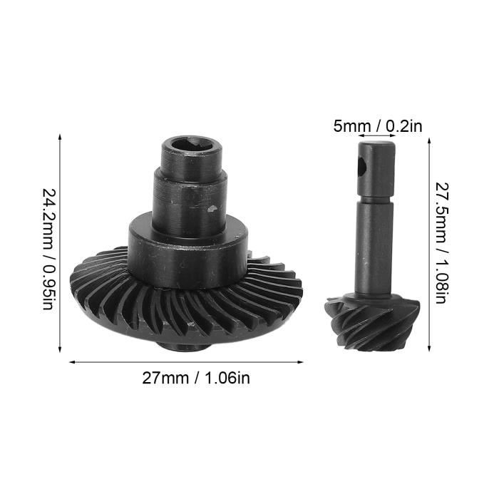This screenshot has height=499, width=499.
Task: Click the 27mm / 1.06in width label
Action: tap(196, 379)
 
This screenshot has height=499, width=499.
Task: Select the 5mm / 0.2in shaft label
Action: tap(378, 126)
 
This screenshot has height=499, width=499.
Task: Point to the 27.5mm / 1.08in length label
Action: tap(442, 243)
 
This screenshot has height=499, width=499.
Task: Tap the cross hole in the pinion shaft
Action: tap(362, 166)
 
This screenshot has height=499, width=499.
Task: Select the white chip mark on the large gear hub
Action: tap(211, 208)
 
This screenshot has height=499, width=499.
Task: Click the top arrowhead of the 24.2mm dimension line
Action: tap(59, 138)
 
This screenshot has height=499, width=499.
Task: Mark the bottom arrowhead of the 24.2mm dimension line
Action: tap(59, 349)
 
